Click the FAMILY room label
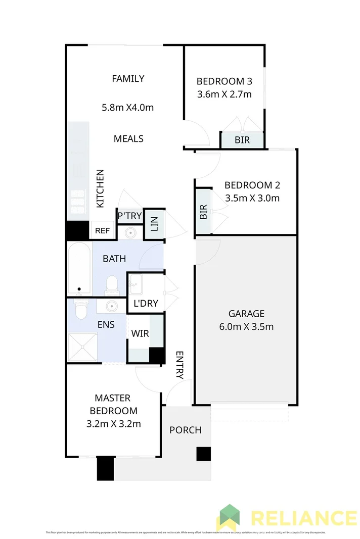(128, 78)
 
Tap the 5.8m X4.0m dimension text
(128, 107)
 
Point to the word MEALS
(128, 138)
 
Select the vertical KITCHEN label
(100, 188)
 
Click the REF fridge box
(102, 231)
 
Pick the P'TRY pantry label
(129, 216)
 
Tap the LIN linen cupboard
(154, 224)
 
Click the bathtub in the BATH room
(79, 268)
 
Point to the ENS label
(105, 324)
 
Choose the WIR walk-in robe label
(139, 334)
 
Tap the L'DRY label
(146, 305)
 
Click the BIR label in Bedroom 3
(242, 140)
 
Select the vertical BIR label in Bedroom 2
(203, 212)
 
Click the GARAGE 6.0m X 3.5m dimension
(246, 326)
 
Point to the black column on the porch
(203, 454)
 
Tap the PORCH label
(185, 430)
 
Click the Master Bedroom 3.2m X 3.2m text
(113, 423)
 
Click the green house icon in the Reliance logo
(229, 516)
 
